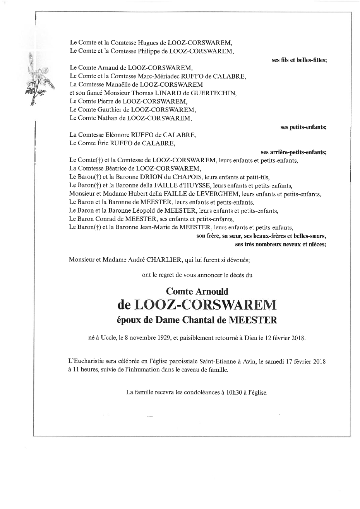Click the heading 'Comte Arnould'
[x=197, y=291]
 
